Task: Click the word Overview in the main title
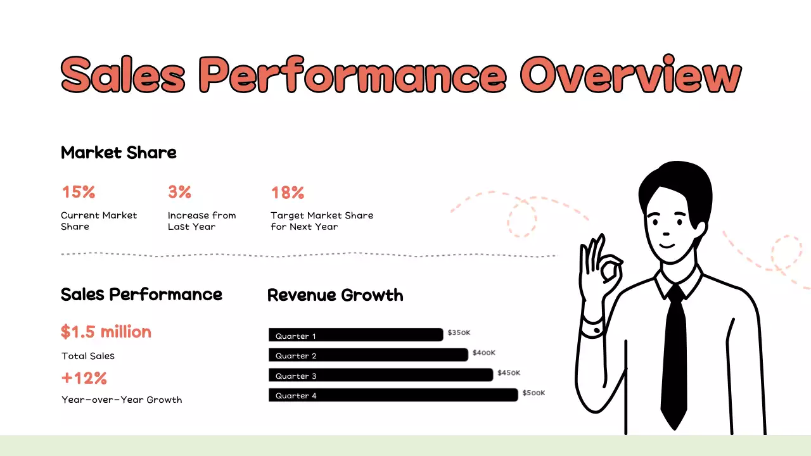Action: pos(630,75)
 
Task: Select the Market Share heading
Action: pos(118,153)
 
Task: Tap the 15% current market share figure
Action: pos(78,192)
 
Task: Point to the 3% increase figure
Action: pos(179,192)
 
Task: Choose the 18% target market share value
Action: pos(288,193)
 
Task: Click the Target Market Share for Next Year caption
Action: pos(322,221)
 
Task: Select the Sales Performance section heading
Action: pos(141,294)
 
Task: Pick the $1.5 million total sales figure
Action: pos(106,332)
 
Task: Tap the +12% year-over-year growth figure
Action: pos(84,379)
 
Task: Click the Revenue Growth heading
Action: pos(335,295)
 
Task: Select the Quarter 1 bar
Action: pos(355,335)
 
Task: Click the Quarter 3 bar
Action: pos(380,375)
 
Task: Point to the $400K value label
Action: pos(484,353)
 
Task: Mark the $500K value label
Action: pos(533,393)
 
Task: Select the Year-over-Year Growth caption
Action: pos(122,400)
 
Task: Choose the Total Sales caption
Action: pos(88,356)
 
